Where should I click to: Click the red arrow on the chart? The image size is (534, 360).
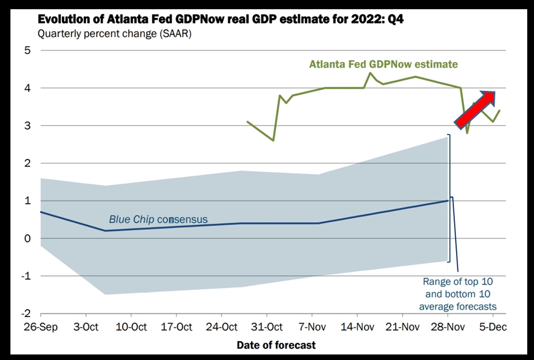(474, 110)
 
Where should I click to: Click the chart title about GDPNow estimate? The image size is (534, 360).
(221, 19)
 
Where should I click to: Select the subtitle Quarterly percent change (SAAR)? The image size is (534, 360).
(114, 34)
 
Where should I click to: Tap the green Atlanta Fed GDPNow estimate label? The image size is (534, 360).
(384, 64)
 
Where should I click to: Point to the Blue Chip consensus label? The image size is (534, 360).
(158, 219)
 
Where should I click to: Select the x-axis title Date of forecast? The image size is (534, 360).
(276, 345)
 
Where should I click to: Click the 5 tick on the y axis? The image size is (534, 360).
(27, 50)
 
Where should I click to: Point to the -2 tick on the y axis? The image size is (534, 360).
(26, 313)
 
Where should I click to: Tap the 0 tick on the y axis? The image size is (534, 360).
(27, 238)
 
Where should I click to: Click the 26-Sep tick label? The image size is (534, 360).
(41, 327)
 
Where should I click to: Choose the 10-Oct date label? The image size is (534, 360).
(131, 327)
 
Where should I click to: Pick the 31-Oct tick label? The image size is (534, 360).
(266, 327)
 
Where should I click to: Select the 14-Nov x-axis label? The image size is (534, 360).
(357, 327)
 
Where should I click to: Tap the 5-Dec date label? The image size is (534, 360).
(493, 327)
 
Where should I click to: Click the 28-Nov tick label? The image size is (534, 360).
(447, 327)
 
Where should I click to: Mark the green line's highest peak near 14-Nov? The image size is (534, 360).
(370, 72)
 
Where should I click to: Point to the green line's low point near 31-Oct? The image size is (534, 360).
(273, 141)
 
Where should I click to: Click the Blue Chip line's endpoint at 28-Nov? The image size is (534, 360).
(448, 200)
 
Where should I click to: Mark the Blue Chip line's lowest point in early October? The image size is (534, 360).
(105, 231)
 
